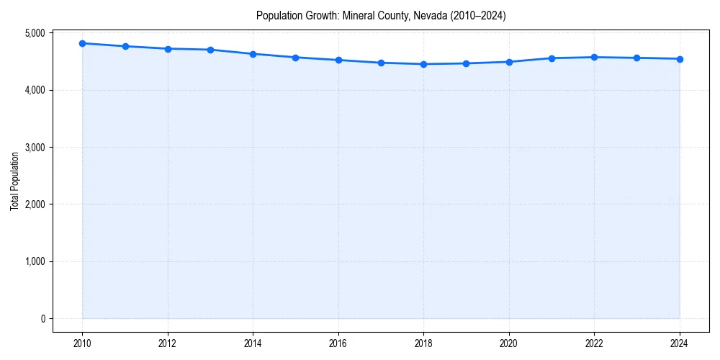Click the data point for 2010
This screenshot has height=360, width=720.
tap(83, 43)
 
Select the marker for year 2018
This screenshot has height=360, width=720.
tap(424, 64)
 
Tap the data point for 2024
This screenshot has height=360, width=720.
tap(680, 59)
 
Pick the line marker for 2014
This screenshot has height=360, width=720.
tap(253, 54)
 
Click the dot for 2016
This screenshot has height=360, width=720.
tap(338, 60)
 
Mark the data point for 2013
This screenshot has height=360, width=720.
tap(210, 50)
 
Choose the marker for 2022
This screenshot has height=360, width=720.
tap(595, 57)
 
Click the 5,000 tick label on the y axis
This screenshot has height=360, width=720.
tap(33, 33)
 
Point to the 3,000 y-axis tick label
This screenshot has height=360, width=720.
tap(33, 148)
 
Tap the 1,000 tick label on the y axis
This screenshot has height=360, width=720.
tap(33, 261)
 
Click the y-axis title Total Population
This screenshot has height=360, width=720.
tap(14, 181)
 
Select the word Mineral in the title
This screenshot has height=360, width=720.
tap(362, 16)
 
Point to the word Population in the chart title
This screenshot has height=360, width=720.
tap(276, 16)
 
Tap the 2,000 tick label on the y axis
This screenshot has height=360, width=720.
tap(33, 204)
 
